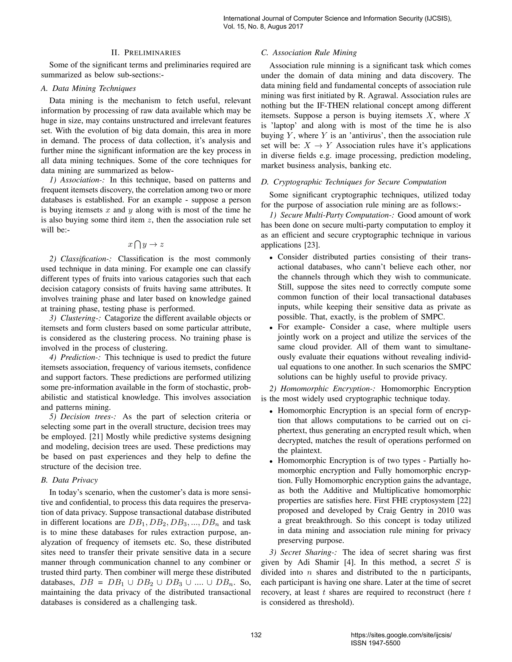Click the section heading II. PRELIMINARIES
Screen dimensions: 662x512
pyautogui.click(x=146, y=53)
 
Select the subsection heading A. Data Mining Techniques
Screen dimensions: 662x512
pyautogui.click(x=88, y=88)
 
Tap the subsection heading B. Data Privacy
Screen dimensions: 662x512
pyautogui.click(x=69, y=480)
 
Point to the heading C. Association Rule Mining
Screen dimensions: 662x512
pyautogui.click(x=309, y=53)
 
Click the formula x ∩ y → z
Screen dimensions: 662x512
pyautogui.click(x=146, y=245)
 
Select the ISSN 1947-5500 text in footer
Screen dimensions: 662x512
pyautogui.click(x=375, y=643)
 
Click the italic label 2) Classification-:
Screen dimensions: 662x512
pyautogui.click(x=81, y=259)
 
